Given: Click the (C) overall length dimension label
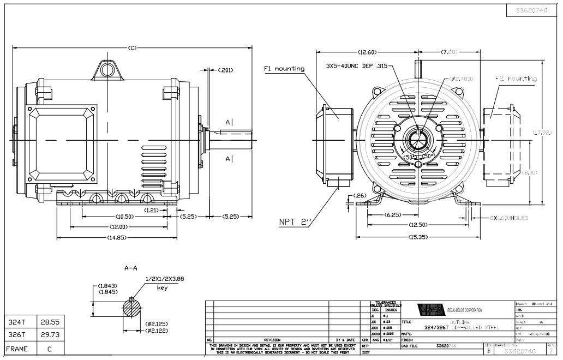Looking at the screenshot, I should pyautogui.click(x=132, y=48).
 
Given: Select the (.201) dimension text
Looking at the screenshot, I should pyautogui.click(x=225, y=70).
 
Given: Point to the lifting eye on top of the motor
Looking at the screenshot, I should pyautogui.click(x=107, y=69).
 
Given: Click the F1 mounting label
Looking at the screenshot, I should pyautogui.click(x=284, y=69).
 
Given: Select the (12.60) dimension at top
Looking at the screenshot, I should pyautogui.click(x=367, y=52).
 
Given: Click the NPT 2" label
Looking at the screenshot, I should pyautogui.click(x=295, y=222).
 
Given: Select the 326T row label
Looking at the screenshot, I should pyautogui.click(x=16, y=335).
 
